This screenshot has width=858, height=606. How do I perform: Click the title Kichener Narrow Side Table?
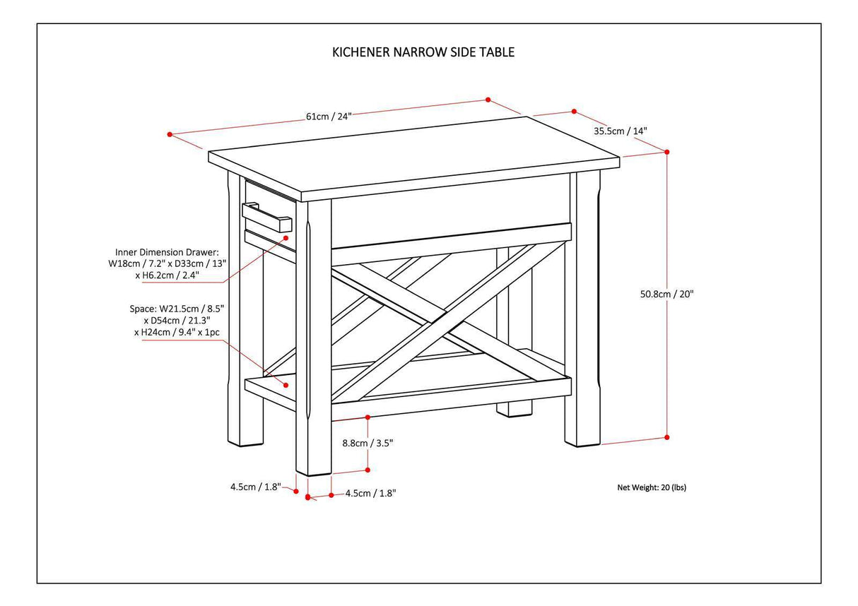[423, 52]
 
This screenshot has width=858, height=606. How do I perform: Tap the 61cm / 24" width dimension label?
[329, 117]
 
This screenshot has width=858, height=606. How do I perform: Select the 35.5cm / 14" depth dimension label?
[620, 131]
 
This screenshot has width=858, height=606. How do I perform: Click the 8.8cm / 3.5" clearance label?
[368, 443]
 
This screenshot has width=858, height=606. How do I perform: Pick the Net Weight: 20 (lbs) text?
[651, 487]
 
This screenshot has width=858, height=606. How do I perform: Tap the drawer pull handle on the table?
[267, 218]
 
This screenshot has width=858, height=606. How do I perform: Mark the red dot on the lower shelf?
[286, 385]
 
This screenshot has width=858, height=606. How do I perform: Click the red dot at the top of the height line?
[667, 151]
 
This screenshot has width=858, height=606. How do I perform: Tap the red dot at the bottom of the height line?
[667, 437]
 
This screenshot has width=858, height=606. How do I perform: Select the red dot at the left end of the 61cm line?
[170, 133]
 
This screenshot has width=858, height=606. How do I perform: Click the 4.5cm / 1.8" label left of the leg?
[255, 486]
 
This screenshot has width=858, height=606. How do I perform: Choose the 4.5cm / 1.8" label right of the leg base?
[370, 494]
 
